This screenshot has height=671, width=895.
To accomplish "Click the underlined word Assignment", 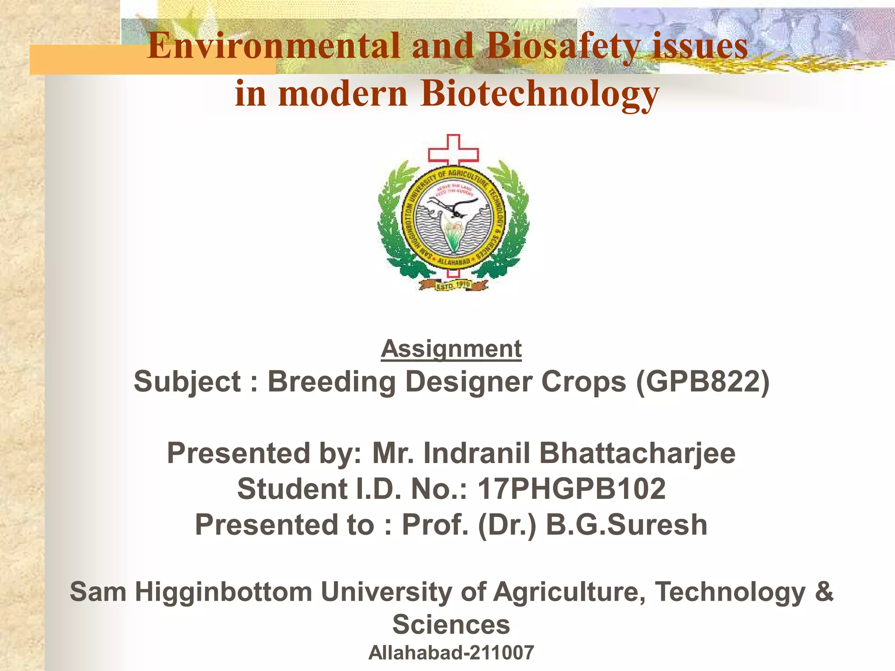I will click(x=451, y=349).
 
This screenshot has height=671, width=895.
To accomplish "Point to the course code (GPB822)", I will click(x=702, y=382).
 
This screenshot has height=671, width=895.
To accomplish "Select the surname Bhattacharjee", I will click(x=637, y=453).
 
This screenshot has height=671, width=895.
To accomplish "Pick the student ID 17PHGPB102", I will click(x=572, y=488).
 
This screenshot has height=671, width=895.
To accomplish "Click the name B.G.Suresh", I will click(x=627, y=524).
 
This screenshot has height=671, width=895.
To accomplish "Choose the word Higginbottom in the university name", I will click(x=223, y=591).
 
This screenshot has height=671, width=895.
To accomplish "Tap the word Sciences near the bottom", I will click(x=451, y=624).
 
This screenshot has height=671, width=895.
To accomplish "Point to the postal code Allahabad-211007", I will click(x=451, y=653).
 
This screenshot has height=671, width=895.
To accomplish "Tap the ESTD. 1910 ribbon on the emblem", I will click(x=453, y=285).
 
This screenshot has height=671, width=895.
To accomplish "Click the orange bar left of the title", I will click(x=87, y=60).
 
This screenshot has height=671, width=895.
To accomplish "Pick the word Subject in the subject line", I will click(x=187, y=382).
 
